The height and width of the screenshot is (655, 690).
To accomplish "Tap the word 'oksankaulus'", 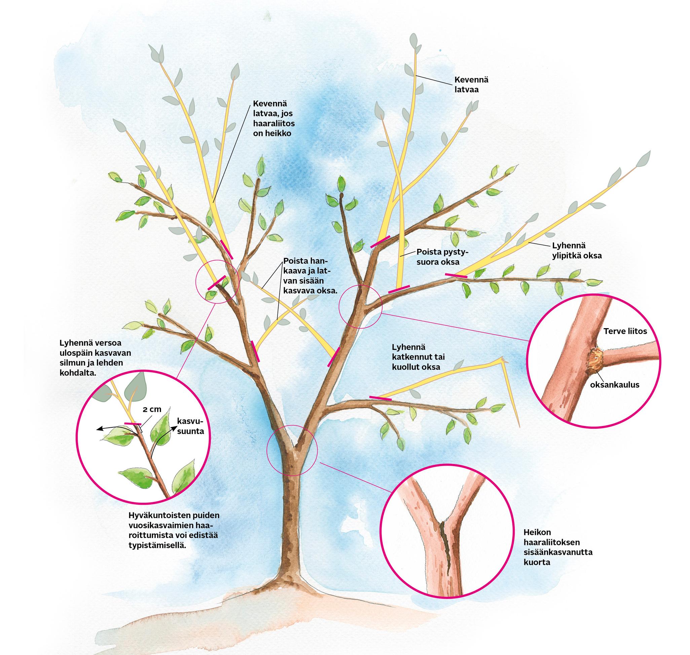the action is [x=615, y=385].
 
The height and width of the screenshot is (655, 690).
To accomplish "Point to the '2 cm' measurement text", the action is [x=152, y=409].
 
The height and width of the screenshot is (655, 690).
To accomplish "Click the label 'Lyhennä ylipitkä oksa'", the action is [x=577, y=251].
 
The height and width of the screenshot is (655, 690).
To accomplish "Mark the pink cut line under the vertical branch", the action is [x=399, y=289].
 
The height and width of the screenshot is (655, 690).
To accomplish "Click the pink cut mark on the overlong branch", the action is [x=456, y=275].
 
